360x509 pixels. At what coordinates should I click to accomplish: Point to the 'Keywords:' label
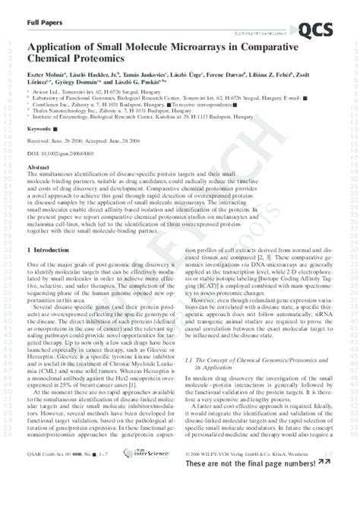(40, 131)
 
